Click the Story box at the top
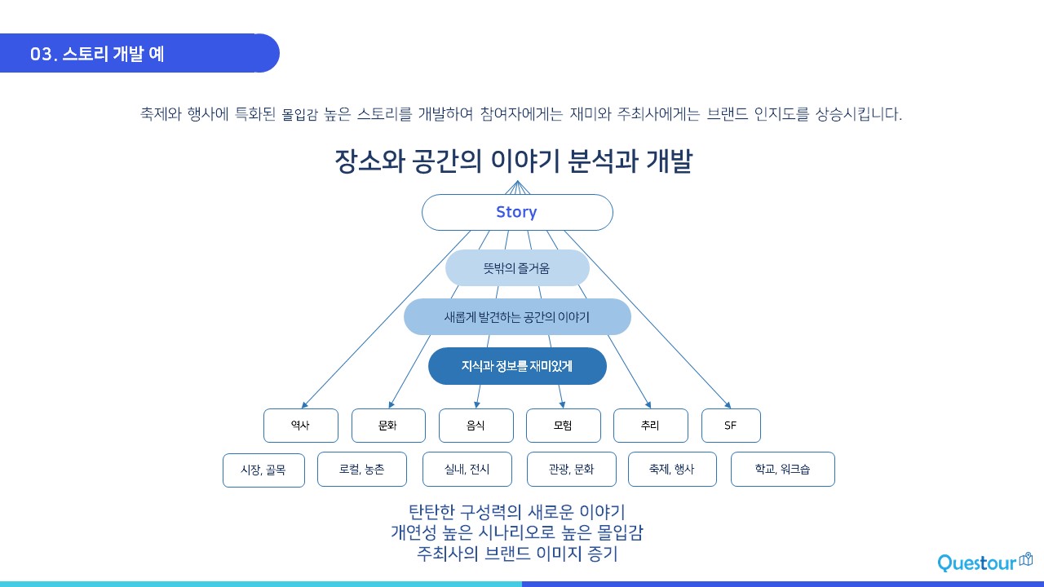(x=517, y=212)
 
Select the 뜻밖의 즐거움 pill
(x=517, y=267)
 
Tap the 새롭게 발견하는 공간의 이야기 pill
(x=517, y=316)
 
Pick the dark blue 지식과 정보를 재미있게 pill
(x=517, y=366)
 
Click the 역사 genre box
(x=300, y=426)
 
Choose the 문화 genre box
(x=388, y=426)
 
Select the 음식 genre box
(x=476, y=426)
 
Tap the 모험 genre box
(x=564, y=426)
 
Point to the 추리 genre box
(x=651, y=426)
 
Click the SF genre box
(x=731, y=426)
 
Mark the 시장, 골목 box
(x=263, y=470)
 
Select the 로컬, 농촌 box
(x=362, y=469)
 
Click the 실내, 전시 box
(x=467, y=469)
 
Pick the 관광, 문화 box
(x=572, y=469)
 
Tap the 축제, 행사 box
(x=672, y=469)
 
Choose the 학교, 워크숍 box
(x=783, y=469)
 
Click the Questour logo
(x=984, y=563)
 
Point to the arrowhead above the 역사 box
(x=304, y=404)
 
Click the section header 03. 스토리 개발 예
(x=98, y=54)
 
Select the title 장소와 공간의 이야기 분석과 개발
(x=513, y=161)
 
